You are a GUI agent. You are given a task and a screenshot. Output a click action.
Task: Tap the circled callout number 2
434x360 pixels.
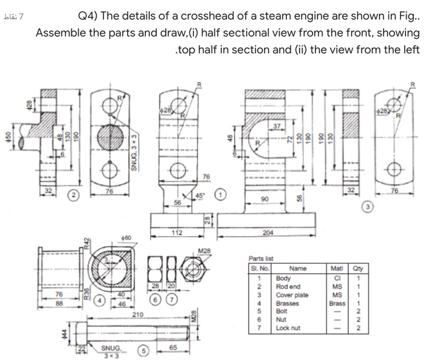[x=72, y=196]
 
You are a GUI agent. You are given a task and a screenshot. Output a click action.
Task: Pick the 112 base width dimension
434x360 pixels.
[x=176, y=232]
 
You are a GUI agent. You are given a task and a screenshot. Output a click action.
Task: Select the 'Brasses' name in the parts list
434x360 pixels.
[x=288, y=304]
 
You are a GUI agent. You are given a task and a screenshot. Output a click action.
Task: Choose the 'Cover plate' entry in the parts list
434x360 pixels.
[x=291, y=296]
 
